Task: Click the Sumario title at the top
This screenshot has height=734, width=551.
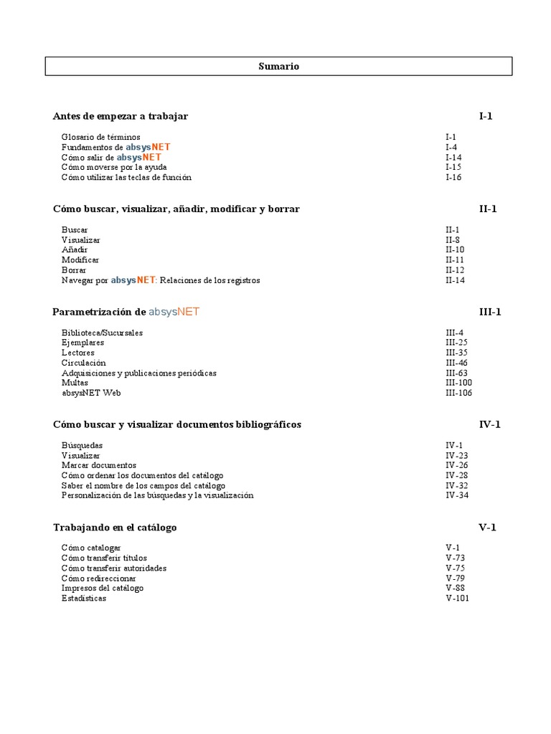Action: pyautogui.click(x=278, y=67)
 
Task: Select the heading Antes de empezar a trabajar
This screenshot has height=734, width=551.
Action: pyautogui.click(x=121, y=116)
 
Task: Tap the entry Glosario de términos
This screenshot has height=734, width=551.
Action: pyautogui.click(x=100, y=137)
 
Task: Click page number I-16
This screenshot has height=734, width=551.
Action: pyautogui.click(x=453, y=177)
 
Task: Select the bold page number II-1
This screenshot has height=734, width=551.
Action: pyautogui.click(x=488, y=209)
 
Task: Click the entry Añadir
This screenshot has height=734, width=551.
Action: pyautogui.click(x=75, y=250)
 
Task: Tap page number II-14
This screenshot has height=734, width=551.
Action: pyautogui.click(x=455, y=280)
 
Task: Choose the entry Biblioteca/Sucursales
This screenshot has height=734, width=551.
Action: pyautogui.click(x=102, y=333)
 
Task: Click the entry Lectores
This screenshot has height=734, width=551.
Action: pyautogui.click(x=77, y=353)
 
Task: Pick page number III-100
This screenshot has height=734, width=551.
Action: pyautogui.click(x=458, y=383)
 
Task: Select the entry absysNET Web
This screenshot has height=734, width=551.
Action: pyautogui.click(x=91, y=393)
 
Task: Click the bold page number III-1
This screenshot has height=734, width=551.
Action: pyautogui.click(x=490, y=312)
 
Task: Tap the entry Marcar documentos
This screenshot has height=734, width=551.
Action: pyautogui.click(x=99, y=465)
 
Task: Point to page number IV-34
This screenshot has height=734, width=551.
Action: pyautogui.click(x=456, y=495)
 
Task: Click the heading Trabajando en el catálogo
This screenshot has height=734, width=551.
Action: pyautogui.click(x=115, y=528)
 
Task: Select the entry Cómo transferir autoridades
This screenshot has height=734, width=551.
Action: pyautogui.click(x=113, y=568)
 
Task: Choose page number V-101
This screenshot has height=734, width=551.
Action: pyautogui.click(x=457, y=599)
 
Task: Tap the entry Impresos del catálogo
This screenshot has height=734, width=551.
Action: pyautogui.click(x=102, y=588)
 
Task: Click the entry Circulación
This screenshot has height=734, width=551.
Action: pyautogui.click(x=83, y=363)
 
